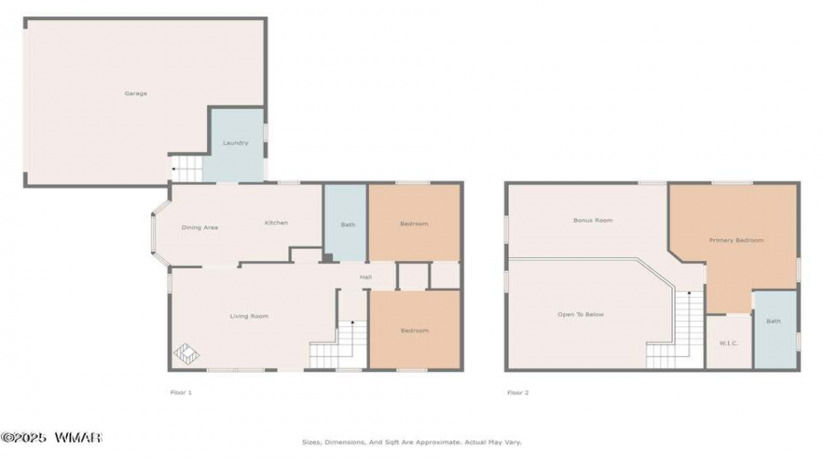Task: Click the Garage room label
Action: coord(136,93)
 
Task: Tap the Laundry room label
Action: coord(235,143)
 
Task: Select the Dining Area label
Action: coord(200,228)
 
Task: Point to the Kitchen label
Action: coord(276,223)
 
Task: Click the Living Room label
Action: coord(249,317)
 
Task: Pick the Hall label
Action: coord(365,278)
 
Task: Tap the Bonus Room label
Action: coord(592,221)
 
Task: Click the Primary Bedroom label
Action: coord(736,240)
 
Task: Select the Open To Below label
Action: coord(580,314)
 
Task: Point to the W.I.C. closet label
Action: coord(729,343)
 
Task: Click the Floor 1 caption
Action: coord(181,392)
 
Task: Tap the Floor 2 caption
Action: coord(518,392)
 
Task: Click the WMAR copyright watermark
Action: coord(51,438)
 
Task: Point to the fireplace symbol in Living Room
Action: coord(187,354)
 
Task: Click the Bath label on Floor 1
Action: coord(348,224)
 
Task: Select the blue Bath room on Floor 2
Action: coord(775,329)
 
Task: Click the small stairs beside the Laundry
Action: coord(187,169)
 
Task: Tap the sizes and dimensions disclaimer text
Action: coord(412,442)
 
